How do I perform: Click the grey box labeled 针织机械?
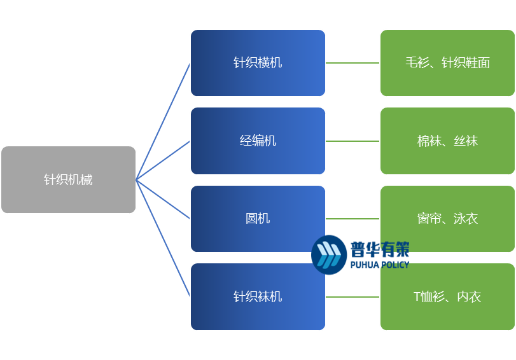[68, 179]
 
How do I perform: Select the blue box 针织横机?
[258, 63]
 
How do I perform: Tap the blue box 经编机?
[258, 141]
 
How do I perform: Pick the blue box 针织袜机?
[258, 297]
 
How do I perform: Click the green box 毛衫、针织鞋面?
[447, 63]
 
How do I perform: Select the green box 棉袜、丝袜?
[447, 141]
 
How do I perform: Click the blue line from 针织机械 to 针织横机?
[163, 121]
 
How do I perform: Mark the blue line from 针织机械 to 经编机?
[163, 160]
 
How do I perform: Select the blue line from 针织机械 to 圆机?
[163, 199]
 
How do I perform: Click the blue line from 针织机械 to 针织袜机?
[163, 238]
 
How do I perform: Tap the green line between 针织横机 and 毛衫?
[353, 63]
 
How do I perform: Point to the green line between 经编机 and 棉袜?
[353, 141]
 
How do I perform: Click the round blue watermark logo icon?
[329, 254]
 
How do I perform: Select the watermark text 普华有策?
[380, 248]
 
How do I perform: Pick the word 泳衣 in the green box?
[466, 218]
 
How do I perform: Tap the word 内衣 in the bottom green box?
[469, 296]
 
